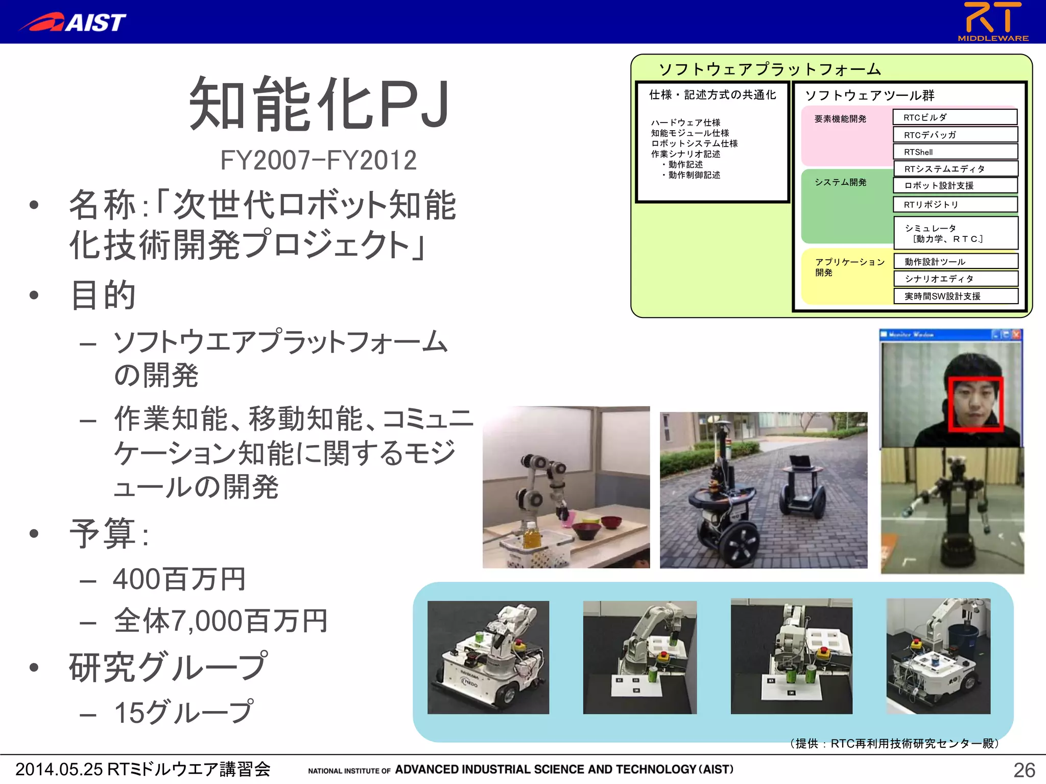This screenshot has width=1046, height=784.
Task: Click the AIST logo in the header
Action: click(73, 22)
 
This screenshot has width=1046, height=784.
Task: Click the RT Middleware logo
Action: click(992, 21)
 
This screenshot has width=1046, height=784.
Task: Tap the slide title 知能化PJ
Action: click(319, 104)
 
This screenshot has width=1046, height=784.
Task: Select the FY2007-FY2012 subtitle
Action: click(318, 160)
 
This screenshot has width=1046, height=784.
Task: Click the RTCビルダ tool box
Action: click(955, 117)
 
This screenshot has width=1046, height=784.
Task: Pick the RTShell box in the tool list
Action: click(955, 152)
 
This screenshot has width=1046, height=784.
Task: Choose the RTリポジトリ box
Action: click(955, 205)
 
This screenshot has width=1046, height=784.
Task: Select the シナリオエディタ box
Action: click(955, 279)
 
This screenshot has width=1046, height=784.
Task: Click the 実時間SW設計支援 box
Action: click(955, 296)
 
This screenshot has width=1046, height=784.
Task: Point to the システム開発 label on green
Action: click(840, 182)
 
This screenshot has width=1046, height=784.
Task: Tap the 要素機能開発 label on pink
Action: click(840, 119)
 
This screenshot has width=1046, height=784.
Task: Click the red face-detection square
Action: click(976, 404)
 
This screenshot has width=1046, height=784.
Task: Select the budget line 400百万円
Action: click(179, 579)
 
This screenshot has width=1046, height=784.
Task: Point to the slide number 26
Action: click(1024, 770)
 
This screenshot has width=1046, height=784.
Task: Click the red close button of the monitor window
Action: click(1016, 335)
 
